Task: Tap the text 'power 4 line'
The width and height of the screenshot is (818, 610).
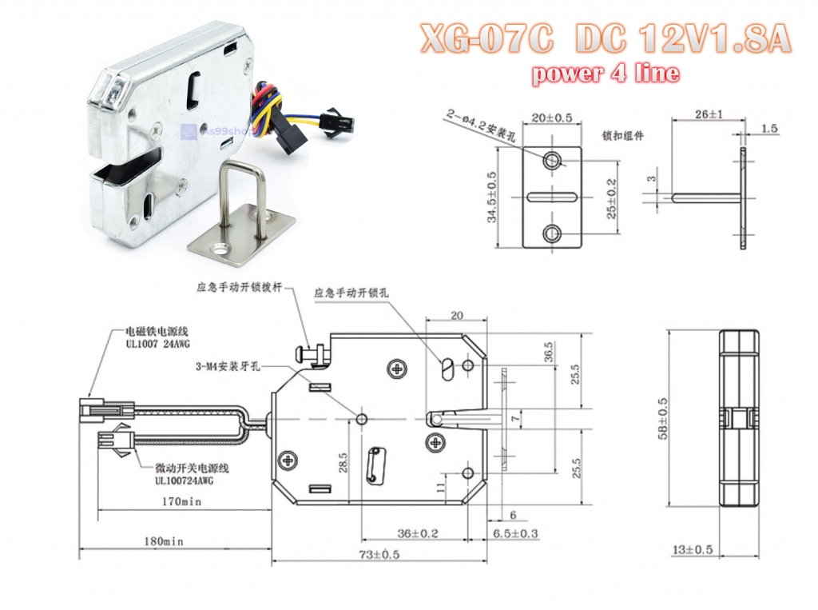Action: coord(606,74)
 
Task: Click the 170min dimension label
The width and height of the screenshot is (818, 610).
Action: coord(181,502)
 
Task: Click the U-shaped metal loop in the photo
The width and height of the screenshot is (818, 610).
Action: coord(243,195)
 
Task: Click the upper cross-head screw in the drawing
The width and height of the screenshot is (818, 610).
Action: coord(397,369)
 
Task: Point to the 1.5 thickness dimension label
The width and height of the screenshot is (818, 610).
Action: coord(769,128)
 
